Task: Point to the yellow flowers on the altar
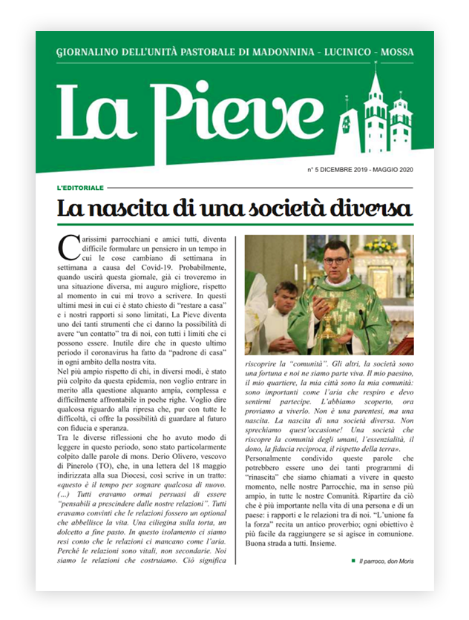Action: pyautogui.click(x=380, y=245)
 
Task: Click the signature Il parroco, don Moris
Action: pyautogui.click(x=385, y=561)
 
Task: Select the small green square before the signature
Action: pyautogui.click(x=353, y=561)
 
